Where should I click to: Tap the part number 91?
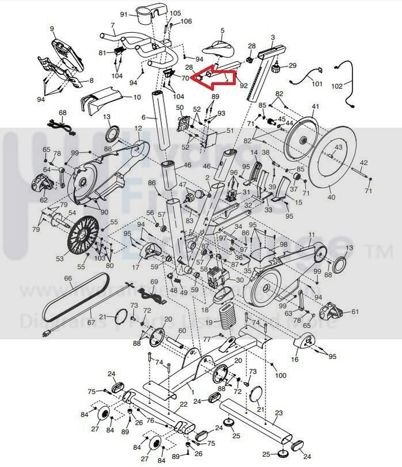[124, 14]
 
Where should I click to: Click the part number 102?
[337, 86]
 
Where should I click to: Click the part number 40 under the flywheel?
[331, 198]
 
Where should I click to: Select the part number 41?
[315, 107]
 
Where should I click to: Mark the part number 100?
[281, 375]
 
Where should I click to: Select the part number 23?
[279, 413]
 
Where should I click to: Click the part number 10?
[136, 97]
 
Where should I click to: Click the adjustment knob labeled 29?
[276, 69]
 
